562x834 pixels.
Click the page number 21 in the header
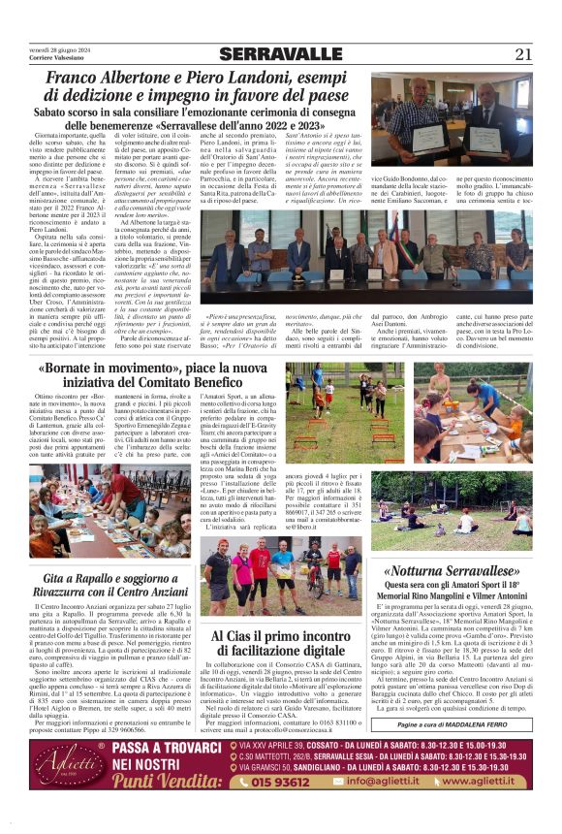tap(522, 54)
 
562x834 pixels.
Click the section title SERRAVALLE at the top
tap(280, 54)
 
